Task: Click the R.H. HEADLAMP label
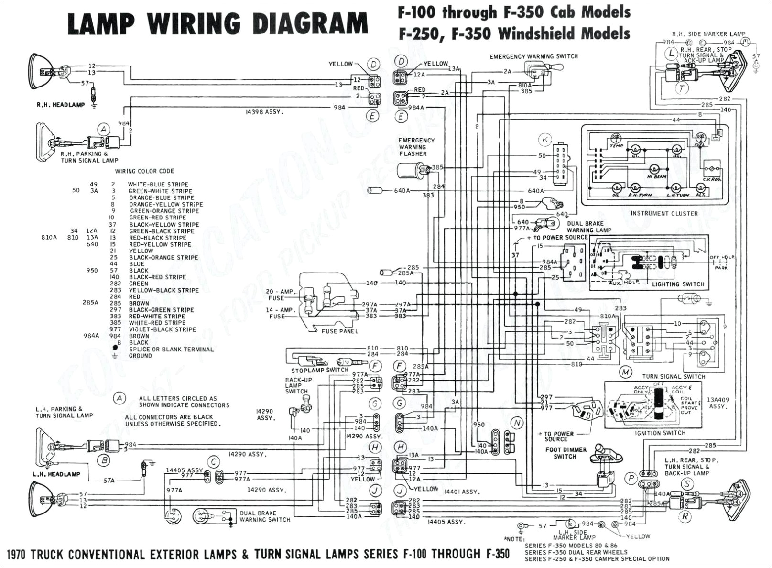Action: click(x=60, y=105)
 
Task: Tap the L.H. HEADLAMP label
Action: click(x=56, y=474)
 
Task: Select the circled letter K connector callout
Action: click(x=544, y=140)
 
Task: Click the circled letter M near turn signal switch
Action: click(x=625, y=371)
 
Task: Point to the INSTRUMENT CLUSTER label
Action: click(x=664, y=213)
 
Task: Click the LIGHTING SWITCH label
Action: click(x=678, y=284)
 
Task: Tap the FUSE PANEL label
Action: click(x=339, y=331)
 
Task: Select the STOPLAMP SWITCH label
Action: click(x=320, y=370)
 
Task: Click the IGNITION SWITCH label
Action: click(x=660, y=433)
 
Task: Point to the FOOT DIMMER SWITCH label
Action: click(x=565, y=453)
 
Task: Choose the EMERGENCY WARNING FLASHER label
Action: click(x=416, y=147)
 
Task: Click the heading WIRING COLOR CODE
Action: click(x=144, y=171)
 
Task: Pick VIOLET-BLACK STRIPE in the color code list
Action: click(x=162, y=329)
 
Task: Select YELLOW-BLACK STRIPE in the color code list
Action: click(x=163, y=290)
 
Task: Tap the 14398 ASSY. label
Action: click(x=264, y=112)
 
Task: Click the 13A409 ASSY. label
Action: click(x=717, y=403)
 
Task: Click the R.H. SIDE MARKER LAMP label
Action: click(x=708, y=34)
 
